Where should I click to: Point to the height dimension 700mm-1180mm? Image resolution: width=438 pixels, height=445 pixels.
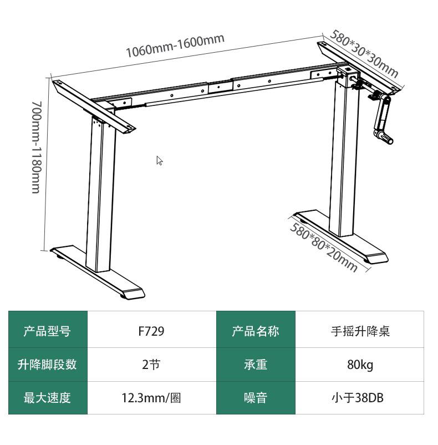click(35, 147)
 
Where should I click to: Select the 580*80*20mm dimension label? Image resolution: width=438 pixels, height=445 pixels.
click(323, 247)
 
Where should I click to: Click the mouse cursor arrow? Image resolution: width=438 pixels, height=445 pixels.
click(159, 160)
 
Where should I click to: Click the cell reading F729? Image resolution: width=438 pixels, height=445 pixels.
click(151, 331)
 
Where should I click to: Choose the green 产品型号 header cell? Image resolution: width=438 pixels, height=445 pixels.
click(48, 331)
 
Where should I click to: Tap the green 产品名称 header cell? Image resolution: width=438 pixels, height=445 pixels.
click(256, 331)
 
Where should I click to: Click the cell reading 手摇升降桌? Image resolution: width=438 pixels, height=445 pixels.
click(360, 331)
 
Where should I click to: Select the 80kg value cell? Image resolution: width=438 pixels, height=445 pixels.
click(360, 365)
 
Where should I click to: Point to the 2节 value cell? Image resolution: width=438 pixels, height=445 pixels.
click(151, 365)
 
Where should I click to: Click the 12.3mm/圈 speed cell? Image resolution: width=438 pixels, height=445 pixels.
click(151, 398)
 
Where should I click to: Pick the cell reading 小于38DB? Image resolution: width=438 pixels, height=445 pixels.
click(360, 398)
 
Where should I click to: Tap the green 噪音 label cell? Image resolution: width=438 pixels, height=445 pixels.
click(256, 398)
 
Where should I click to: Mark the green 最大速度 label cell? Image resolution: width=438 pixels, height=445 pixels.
click(48, 398)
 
